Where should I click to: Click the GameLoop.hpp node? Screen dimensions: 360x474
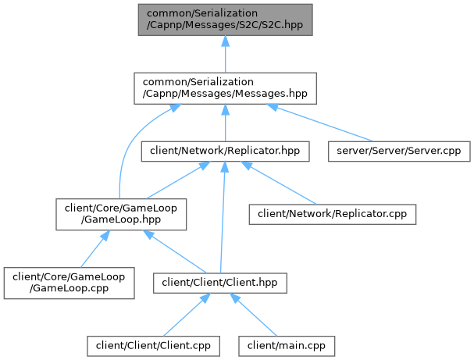coord(120,214)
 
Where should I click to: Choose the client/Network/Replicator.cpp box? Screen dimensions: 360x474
coord(332,212)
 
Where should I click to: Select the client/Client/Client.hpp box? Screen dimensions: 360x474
coord(219,281)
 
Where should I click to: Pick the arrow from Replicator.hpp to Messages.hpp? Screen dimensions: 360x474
coord(224,122)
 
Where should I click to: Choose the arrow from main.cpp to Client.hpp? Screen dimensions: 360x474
coord(258,316)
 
